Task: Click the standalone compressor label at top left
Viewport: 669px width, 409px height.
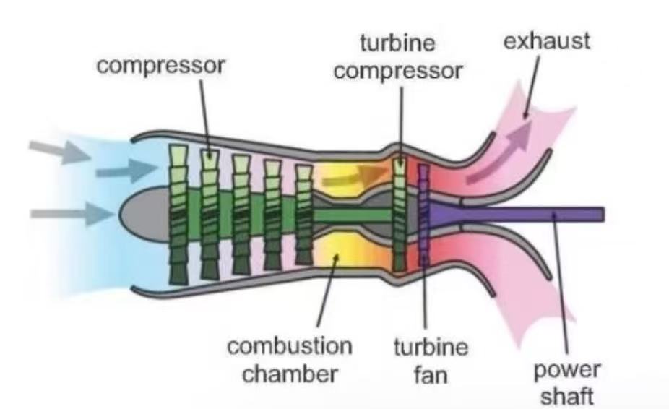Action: pyautogui.click(x=162, y=65)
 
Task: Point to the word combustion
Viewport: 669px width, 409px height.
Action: pyautogui.click(x=290, y=346)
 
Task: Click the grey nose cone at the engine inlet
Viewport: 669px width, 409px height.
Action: pyautogui.click(x=137, y=213)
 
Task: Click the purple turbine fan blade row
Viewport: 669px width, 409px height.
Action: pyautogui.click(x=424, y=217)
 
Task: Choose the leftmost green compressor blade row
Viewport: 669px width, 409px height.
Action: pyautogui.click(x=178, y=213)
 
